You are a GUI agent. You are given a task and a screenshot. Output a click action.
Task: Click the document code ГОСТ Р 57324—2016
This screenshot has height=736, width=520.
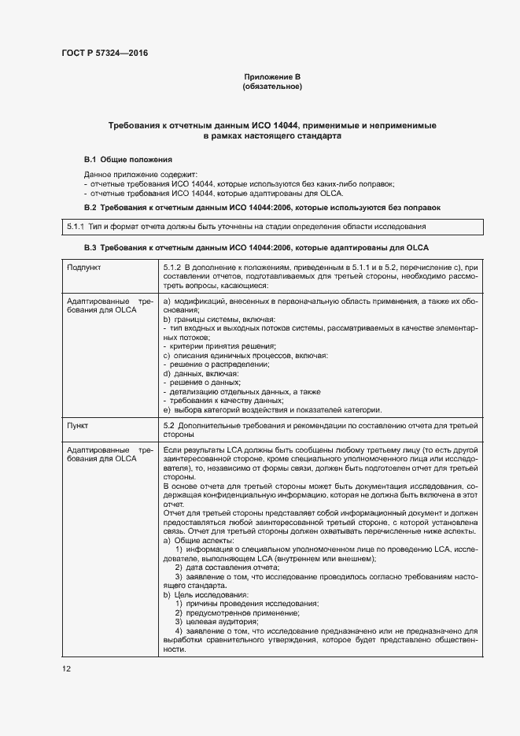pos(104,54)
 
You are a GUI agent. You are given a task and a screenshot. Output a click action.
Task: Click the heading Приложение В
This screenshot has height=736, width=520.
pos(272,76)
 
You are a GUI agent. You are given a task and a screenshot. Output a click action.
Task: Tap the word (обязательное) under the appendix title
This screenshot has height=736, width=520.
pos(272,86)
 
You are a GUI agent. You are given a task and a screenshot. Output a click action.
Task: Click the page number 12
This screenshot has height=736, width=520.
pos(66,669)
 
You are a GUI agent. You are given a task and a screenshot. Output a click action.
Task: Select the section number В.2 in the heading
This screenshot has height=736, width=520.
pos(90,207)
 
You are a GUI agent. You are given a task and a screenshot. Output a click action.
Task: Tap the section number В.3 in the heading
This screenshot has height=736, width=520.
pos(90,247)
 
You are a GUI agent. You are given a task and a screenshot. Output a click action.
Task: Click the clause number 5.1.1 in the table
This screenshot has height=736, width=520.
pos(76,227)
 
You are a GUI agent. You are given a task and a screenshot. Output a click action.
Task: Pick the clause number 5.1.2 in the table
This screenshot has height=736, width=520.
pos(172,268)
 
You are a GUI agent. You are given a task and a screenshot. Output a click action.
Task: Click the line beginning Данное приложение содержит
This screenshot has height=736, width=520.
pos(141,174)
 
